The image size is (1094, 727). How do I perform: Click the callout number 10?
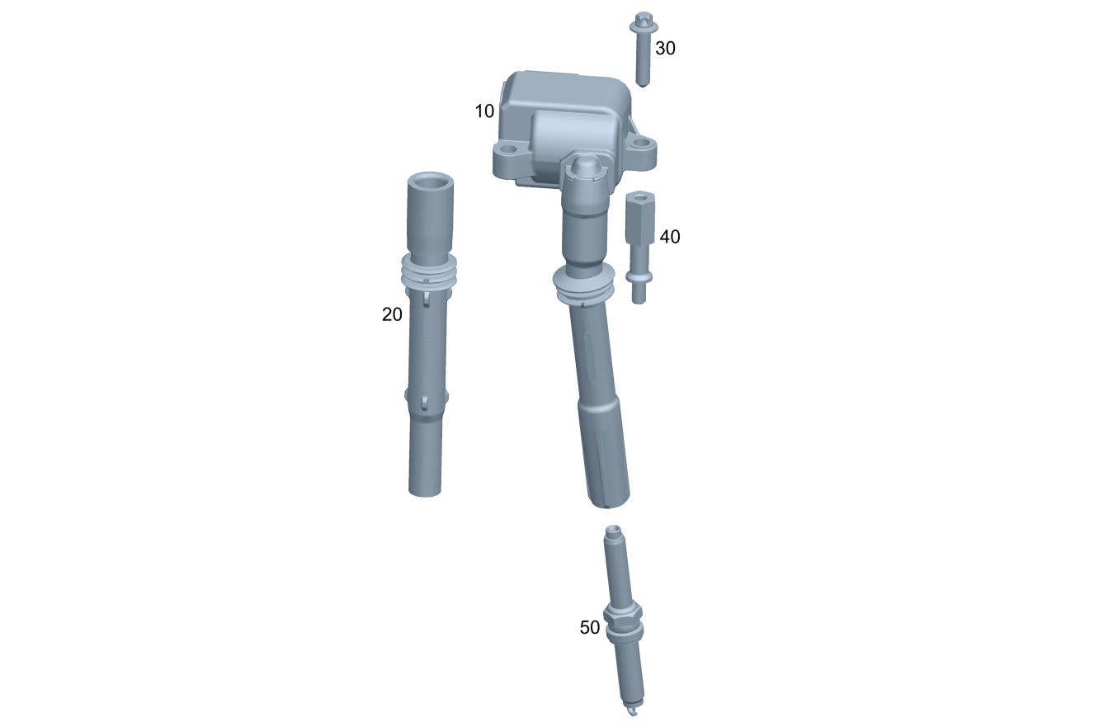(x=484, y=111)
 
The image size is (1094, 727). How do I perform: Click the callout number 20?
(x=392, y=314)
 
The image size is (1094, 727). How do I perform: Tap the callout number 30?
(x=665, y=49)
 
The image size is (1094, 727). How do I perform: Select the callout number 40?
(x=670, y=237)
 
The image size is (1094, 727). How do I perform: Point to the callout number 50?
(x=590, y=628)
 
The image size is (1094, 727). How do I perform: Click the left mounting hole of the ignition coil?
(x=509, y=149)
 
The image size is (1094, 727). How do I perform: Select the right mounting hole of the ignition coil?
(x=641, y=143)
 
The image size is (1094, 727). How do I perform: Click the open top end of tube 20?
(x=431, y=180)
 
